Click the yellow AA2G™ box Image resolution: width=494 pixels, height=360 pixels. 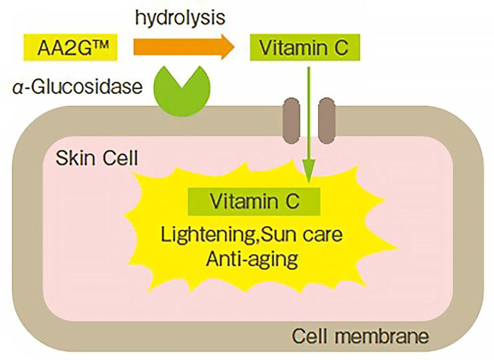(x=69, y=48)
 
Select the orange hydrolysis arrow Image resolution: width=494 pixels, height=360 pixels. (x=183, y=47)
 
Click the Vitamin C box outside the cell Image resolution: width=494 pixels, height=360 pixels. (x=304, y=48)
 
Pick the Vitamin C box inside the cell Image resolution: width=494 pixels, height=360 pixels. (x=255, y=201)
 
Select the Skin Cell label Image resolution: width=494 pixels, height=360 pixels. (x=97, y=159)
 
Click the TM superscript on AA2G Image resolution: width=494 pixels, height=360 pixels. (x=107, y=44)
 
